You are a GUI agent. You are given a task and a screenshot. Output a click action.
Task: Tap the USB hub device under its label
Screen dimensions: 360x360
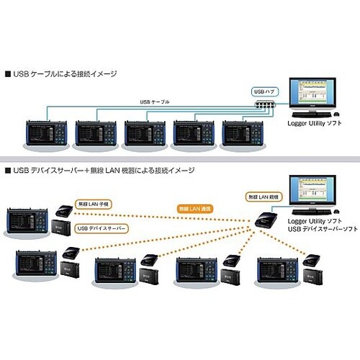coord(266,107)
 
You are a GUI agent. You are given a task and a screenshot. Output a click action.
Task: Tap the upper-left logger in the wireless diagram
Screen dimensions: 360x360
coord(27,218)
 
